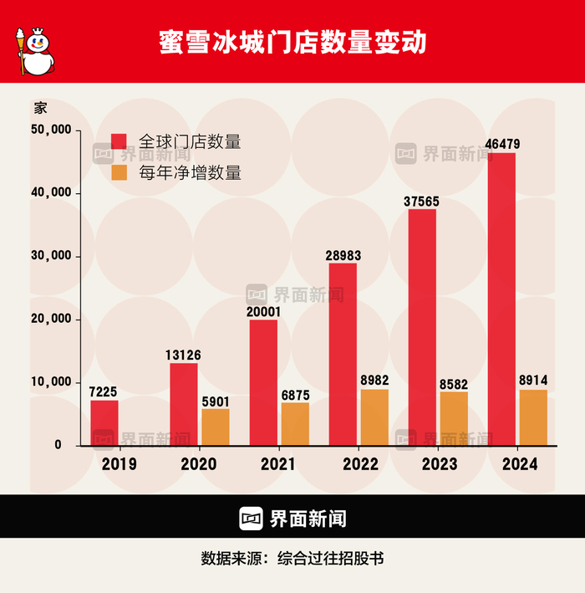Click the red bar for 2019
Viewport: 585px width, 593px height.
[104, 422]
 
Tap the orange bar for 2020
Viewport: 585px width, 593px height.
[216, 427]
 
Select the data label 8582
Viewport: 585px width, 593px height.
[454, 382]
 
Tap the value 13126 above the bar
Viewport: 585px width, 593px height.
[184, 355]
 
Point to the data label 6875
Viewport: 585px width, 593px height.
[295, 394]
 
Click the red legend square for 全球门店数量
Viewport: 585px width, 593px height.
[119, 142]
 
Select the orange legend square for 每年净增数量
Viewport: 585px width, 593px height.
[119, 172]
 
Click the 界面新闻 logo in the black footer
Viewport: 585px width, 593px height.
[292, 519]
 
